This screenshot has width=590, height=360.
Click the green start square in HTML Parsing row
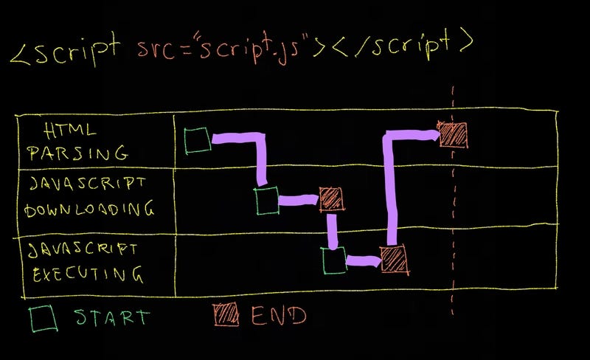click(198, 140)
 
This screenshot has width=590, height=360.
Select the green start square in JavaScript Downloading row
click(267, 200)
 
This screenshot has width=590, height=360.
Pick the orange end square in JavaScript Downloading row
click(330, 198)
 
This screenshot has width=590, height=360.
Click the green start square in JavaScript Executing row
click(334, 260)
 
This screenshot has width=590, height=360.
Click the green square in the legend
click(44, 318)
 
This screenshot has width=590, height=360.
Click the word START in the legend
click(112, 318)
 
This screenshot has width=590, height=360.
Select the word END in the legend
click(278, 315)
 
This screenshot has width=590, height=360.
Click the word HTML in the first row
click(70, 131)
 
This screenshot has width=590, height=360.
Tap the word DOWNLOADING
click(89, 210)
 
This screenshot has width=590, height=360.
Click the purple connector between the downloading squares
click(299, 199)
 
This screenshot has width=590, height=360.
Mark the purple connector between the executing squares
click(363, 260)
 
